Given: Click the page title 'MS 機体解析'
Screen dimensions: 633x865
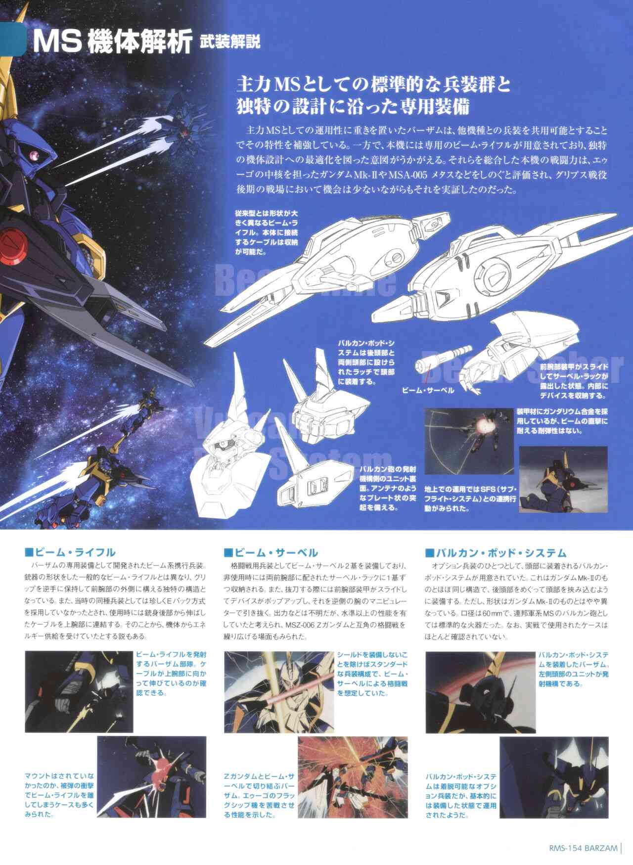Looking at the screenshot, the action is (x=112, y=44).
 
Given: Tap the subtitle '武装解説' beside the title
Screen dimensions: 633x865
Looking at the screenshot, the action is (x=229, y=43).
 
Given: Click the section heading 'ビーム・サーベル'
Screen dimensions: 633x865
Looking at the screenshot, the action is (x=271, y=552).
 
